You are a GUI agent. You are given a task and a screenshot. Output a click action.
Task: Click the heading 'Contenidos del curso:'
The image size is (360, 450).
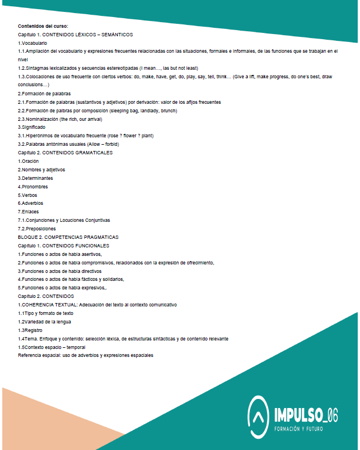click(43, 26)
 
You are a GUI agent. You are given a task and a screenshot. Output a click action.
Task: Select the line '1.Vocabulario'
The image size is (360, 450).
click(32, 43)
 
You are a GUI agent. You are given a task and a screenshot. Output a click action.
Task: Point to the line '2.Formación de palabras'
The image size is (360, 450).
click(44, 94)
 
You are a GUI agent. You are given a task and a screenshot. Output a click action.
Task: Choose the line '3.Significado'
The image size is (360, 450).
click(32, 128)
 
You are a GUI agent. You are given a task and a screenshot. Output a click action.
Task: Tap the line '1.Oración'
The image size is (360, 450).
click(28, 161)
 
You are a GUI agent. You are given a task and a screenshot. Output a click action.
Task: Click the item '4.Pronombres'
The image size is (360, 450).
click(33, 186)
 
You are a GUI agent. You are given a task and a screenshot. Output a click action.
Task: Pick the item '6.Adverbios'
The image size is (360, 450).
click(31, 203)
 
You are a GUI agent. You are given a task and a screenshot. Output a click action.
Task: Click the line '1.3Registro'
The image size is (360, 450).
click(31, 330)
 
